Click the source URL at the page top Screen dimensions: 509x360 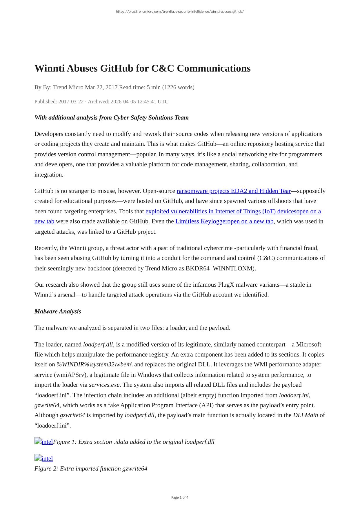180,12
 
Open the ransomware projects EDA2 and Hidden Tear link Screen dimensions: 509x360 233,191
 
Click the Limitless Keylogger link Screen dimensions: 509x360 224,221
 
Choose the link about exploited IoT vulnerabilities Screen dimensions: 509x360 233,211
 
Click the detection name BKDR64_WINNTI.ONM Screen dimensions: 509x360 220,268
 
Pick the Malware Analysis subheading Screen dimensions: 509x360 58,311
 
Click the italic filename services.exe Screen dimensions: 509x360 104,385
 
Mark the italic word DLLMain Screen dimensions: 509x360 305,415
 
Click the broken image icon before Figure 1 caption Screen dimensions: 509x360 38,441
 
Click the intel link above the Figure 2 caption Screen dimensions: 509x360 47,459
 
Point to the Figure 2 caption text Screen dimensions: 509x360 91,469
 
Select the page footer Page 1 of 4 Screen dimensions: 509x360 180,497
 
